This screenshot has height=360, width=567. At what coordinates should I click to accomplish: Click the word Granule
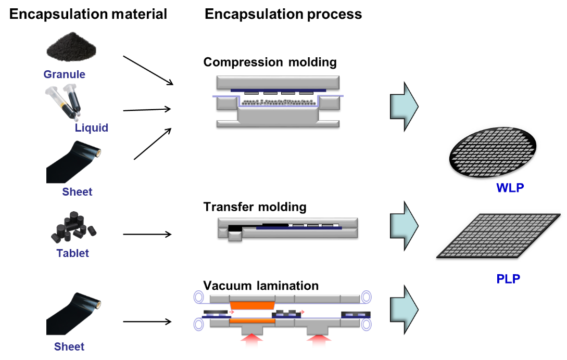click(x=64, y=74)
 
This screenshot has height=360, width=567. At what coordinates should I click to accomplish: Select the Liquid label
click(x=91, y=127)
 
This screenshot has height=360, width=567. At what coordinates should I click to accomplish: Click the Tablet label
click(x=72, y=253)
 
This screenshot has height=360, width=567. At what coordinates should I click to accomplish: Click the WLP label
click(x=510, y=188)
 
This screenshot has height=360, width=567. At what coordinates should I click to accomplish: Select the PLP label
click(x=508, y=279)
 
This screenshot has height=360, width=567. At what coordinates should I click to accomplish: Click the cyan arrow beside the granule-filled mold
click(x=405, y=106)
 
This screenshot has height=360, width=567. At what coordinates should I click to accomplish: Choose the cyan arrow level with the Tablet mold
click(x=405, y=225)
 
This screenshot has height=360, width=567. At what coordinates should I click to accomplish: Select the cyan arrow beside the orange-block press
click(x=405, y=309)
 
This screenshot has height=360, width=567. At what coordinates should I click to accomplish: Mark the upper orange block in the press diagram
click(x=252, y=305)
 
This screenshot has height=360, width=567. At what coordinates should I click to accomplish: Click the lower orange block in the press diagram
click(x=252, y=321)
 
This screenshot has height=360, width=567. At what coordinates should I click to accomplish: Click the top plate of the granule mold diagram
click(x=278, y=82)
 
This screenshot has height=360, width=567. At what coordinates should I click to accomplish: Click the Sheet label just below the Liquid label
click(x=77, y=192)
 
